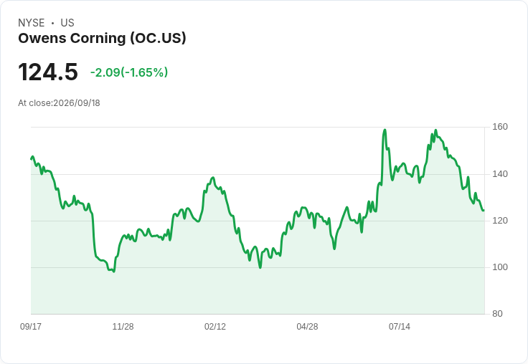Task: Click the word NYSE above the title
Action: (x=32, y=23)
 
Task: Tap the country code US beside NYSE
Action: (x=67, y=23)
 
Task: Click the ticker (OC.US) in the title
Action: (x=159, y=39)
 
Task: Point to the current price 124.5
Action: (x=48, y=72)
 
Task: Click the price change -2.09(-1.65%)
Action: (x=129, y=72)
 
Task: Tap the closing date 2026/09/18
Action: (x=77, y=103)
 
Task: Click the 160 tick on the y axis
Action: (x=500, y=127)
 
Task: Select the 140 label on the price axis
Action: (x=500, y=174)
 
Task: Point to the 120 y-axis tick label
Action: (x=500, y=221)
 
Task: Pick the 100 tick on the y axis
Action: (x=500, y=267)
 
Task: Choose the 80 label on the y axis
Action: (x=497, y=314)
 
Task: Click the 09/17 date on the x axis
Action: (x=31, y=327)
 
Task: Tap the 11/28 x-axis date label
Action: (x=123, y=327)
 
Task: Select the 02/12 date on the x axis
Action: (x=215, y=327)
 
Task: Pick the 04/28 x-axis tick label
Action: (x=307, y=327)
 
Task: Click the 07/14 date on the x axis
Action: (x=400, y=327)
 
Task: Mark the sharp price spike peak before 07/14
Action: (x=385, y=130)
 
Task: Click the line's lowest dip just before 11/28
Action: (x=114, y=271)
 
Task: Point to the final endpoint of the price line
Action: (x=484, y=211)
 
